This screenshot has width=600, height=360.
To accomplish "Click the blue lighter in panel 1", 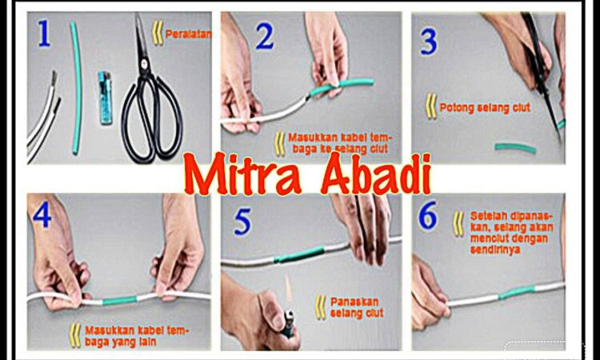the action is pos(105,98).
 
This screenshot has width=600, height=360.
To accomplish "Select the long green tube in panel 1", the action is pos(77,88).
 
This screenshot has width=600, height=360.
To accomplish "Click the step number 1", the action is pos(44,34).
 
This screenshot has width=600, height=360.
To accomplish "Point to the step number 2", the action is pos(265,37).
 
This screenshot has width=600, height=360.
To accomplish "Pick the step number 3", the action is pos(429,41).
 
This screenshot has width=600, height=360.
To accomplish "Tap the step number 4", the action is pos(42,214).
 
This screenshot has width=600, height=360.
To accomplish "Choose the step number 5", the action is pos(242,222).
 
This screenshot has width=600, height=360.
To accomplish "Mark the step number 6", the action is pos(427,217).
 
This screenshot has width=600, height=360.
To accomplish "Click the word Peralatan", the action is pos(188,34).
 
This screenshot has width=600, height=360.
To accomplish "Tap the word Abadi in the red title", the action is pos(376,174).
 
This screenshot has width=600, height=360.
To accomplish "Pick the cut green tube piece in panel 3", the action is pos(515,148).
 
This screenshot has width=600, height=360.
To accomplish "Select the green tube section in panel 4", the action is pos(119,301).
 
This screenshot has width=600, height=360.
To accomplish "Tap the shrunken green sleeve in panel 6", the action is pos(517,293).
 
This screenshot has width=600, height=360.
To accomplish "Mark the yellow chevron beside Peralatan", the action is pos(158,33).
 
